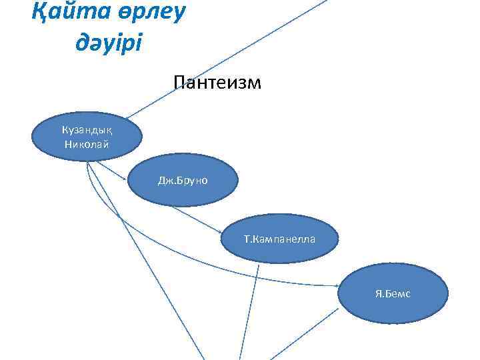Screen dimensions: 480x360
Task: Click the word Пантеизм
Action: click(217, 83)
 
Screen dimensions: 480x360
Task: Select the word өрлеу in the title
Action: click(147, 13)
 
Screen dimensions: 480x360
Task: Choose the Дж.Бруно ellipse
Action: click(182, 180)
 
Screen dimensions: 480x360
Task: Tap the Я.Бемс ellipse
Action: click(393, 293)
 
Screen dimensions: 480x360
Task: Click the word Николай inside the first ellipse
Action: click(86, 144)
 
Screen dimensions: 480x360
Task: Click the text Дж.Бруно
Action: click(182, 180)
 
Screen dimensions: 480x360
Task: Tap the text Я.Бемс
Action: click(393, 293)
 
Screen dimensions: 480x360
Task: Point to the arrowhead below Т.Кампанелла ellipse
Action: click(257, 268)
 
